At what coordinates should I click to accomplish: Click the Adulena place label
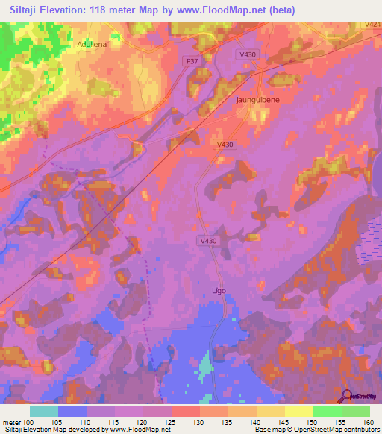[x=93, y=44]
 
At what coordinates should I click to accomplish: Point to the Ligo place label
[x=216, y=290]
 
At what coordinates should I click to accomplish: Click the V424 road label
[x=374, y=25]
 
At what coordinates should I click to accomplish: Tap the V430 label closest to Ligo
[x=209, y=241]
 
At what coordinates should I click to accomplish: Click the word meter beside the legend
[x=11, y=423]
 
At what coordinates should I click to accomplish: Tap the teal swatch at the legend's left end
[x=44, y=411]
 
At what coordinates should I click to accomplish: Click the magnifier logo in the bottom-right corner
[x=348, y=397]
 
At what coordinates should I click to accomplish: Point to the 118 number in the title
[x=102, y=10]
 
